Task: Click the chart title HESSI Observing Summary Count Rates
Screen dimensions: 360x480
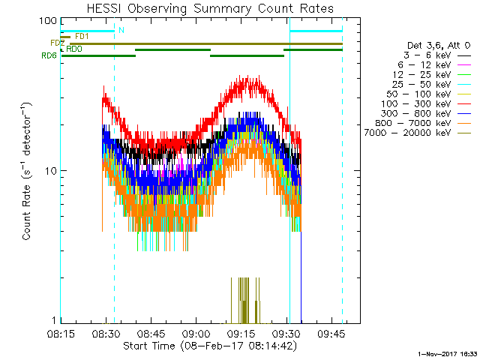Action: [x=209, y=8]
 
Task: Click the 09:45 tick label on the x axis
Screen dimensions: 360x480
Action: [x=329, y=333]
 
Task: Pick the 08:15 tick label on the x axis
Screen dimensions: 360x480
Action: [x=61, y=333]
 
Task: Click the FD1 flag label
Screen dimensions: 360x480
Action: [x=82, y=36]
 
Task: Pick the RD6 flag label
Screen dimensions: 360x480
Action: [x=49, y=55]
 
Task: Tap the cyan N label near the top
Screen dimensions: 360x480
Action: [x=121, y=30]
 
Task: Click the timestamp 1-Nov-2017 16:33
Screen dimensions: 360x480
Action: [x=448, y=352]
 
